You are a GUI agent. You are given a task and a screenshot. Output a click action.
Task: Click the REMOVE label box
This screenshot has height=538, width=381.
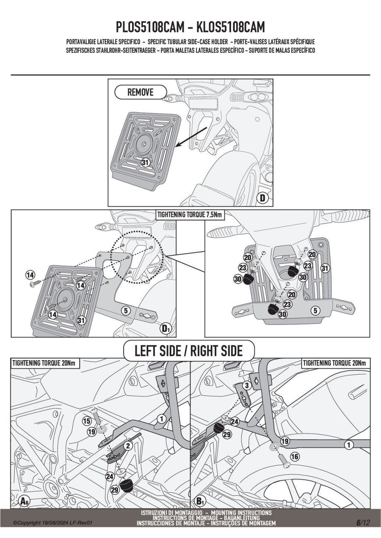[x=141, y=92]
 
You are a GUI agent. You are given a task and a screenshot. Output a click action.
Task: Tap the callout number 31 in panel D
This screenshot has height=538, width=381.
[x=145, y=162]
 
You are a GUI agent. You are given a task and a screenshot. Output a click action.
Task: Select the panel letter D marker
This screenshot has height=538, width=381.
[x=263, y=198]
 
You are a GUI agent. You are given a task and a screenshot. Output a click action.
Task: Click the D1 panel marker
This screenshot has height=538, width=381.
[x=166, y=328]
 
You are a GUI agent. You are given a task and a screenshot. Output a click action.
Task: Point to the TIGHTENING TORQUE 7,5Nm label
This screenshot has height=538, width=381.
[x=189, y=215]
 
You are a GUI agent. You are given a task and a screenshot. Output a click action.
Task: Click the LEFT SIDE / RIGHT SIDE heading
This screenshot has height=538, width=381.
[x=189, y=351]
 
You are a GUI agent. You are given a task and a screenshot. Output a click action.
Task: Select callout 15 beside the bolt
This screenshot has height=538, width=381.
[x=87, y=421]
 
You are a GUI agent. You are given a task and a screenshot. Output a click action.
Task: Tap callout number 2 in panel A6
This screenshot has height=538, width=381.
[x=128, y=446]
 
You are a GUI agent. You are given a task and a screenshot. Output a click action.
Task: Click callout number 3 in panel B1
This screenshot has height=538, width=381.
[x=246, y=386]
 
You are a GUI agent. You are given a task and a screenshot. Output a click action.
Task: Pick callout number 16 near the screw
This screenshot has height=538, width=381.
[x=294, y=456]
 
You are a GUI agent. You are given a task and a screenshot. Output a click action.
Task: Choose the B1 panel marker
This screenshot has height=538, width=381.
[x=200, y=501]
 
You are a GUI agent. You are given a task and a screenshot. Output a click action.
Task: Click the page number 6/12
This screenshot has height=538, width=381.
[x=363, y=522]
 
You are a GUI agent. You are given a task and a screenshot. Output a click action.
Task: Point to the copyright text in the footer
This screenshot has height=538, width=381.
[x=52, y=523]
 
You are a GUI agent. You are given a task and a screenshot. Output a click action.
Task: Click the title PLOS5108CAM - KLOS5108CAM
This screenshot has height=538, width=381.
[x=190, y=28]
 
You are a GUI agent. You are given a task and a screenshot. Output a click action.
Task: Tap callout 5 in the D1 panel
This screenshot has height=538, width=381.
[x=126, y=310]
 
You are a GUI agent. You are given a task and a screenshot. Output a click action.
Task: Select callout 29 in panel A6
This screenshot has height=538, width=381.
[x=115, y=490]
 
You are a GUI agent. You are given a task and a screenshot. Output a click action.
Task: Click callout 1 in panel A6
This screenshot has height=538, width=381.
[x=161, y=419]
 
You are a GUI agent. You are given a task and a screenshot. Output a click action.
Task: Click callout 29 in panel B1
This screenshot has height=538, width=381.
[x=227, y=434]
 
